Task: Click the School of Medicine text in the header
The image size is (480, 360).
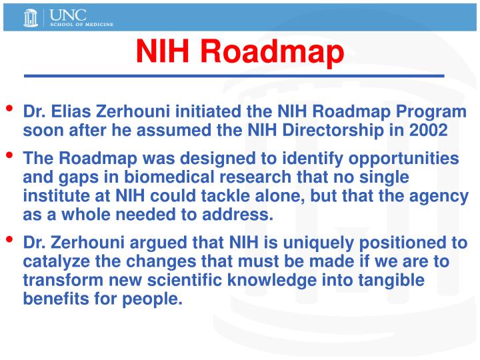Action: [80, 23]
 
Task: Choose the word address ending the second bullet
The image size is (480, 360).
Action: [239, 214]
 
